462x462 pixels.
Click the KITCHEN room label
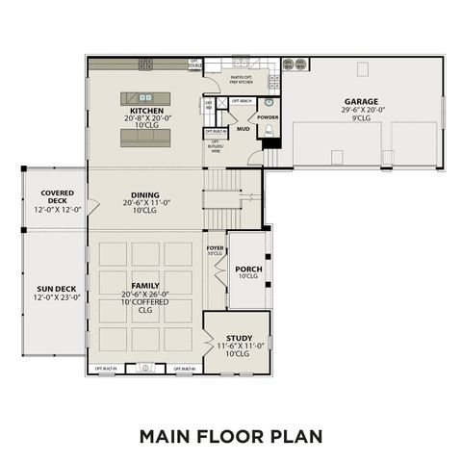(146, 111)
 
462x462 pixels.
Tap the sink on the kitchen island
(146, 96)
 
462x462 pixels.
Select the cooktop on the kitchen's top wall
(146, 64)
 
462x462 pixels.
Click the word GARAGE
(361, 101)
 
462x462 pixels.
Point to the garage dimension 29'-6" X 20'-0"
(361, 110)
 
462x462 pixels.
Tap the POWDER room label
(268, 117)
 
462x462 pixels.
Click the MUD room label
(244, 127)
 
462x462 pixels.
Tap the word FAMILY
(146, 286)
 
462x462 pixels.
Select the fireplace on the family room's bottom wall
(145, 368)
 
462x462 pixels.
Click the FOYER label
(215, 248)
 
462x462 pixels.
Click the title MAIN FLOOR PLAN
(230, 435)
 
